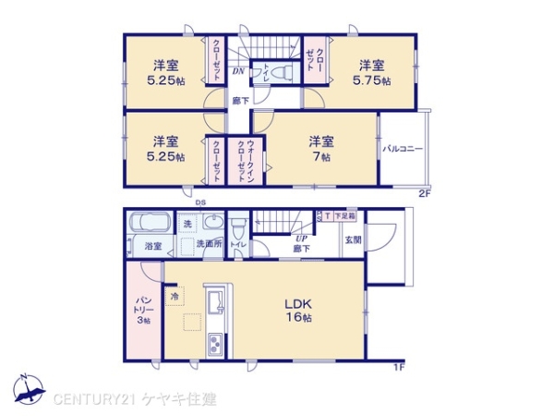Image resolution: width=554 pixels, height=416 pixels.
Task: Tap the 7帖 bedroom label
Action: point(321,149)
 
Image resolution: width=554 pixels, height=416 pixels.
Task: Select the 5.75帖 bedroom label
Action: point(372,72)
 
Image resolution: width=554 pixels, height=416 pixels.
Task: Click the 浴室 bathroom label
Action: point(153,246)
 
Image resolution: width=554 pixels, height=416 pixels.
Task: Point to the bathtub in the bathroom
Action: point(146,225)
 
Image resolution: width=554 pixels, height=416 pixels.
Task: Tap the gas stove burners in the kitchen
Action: point(216,345)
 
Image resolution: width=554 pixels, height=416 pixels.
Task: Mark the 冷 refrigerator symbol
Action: point(175,296)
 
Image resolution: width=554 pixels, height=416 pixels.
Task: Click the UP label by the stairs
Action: point(301,239)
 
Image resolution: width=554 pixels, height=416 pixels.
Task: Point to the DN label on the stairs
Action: point(238,70)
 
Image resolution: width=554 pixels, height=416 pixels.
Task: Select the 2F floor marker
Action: point(425,193)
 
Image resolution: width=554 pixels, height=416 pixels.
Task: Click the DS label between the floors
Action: point(200,201)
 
